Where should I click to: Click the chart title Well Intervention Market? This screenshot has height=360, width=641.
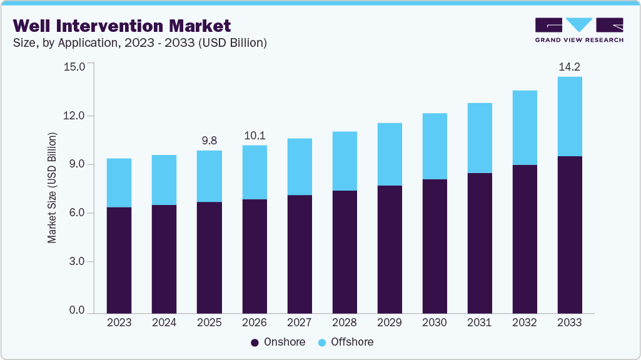click(x=122, y=26)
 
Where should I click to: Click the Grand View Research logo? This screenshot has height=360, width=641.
click(x=579, y=30)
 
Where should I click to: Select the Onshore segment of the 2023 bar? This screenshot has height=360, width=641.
click(x=119, y=260)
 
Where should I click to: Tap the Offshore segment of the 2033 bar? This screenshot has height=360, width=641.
click(x=570, y=116)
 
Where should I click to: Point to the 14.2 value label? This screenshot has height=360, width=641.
click(x=570, y=67)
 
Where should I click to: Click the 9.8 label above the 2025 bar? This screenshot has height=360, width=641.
click(x=209, y=141)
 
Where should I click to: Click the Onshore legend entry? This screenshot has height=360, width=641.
click(x=278, y=342)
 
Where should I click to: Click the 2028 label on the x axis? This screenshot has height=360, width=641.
click(x=344, y=322)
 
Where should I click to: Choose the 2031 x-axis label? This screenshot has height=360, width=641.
click(x=480, y=322)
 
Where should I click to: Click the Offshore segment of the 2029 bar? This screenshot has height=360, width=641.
click(x=389, y=154)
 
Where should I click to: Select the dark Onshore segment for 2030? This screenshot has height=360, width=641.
click(x=435, y=246)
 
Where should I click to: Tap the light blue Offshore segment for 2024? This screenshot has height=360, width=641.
click(x=164, y=180)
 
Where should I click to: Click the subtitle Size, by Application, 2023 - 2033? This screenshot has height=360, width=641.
click(x=140, y=43)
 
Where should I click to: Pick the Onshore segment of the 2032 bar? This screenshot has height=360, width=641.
click(x=525, y=239)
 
